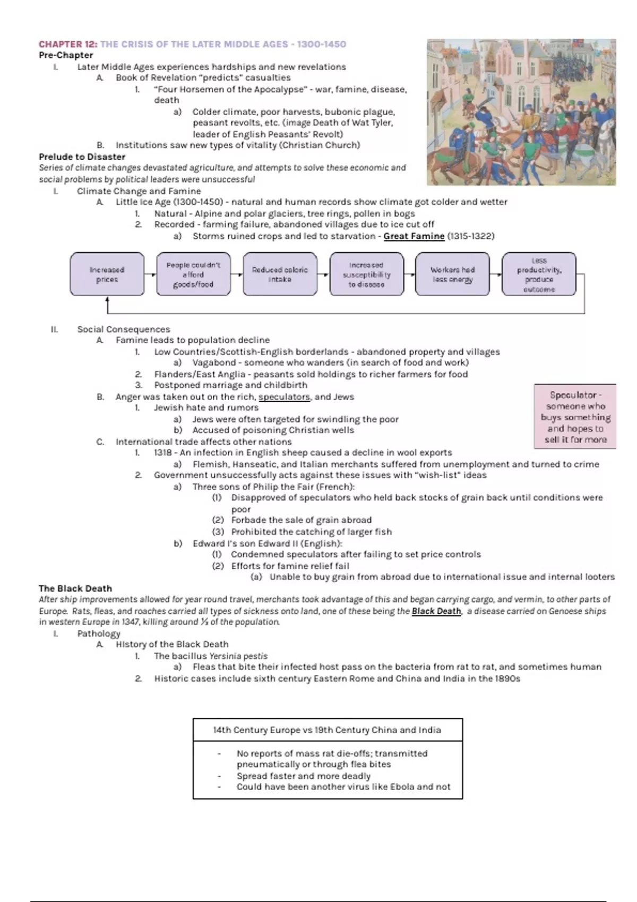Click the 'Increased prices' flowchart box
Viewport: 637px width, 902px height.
coord(107,274)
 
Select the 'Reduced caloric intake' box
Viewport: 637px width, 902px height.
coord(280,274)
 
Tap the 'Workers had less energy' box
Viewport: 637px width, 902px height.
coord(452,274)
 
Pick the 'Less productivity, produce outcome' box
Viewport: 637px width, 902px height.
coord(539,274)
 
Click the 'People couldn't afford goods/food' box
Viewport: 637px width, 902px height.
coord(193,274)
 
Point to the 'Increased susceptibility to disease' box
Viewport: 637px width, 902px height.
coord(366,274)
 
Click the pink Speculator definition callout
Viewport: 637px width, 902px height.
coord(575,417)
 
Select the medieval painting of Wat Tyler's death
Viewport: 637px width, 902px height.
coord(521,112)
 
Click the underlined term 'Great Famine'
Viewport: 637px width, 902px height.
coord(414,236)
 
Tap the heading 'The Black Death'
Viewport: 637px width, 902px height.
coord(75,588)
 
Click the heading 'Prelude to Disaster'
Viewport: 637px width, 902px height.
coord(82,157)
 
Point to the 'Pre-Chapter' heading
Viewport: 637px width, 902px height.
coord(66,55)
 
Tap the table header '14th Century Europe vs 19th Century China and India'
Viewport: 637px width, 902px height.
coord(327,730)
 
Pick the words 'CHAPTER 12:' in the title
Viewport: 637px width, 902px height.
coord(68,44)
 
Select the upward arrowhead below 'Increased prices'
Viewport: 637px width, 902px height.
coord(107,300)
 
